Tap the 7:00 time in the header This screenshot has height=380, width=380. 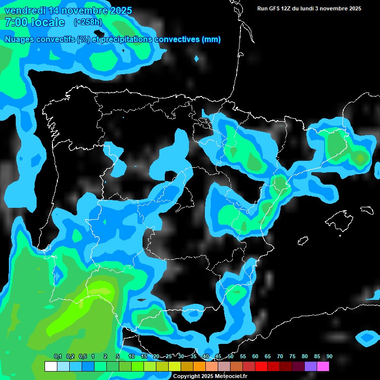(x=17, y=22)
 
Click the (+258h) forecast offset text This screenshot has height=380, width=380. (x=88, y=22)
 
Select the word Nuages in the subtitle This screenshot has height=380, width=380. (x=20, y=40)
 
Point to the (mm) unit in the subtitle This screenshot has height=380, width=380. (x=211, y=40)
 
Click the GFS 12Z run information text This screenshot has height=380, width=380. (x=309, y=8)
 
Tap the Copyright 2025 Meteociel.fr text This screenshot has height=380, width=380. (x=210, y=376)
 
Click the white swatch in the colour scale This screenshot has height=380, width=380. (x=50, y=367)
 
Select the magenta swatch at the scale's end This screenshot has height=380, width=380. (x=323, y=367)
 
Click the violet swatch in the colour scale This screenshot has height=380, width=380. (x=311, y=367)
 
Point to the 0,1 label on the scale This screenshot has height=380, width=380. (x=57, y=357)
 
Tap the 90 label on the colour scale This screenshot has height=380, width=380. (x=330, y=357)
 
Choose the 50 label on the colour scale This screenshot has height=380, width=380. (x=231, y=357)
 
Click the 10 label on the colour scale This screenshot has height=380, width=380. (x=132, y=357)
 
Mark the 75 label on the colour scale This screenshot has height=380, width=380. (x=292, y=357)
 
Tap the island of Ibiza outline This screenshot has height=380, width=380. (x=303, y=241)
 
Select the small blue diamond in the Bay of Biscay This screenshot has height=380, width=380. (x=197, y=58)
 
